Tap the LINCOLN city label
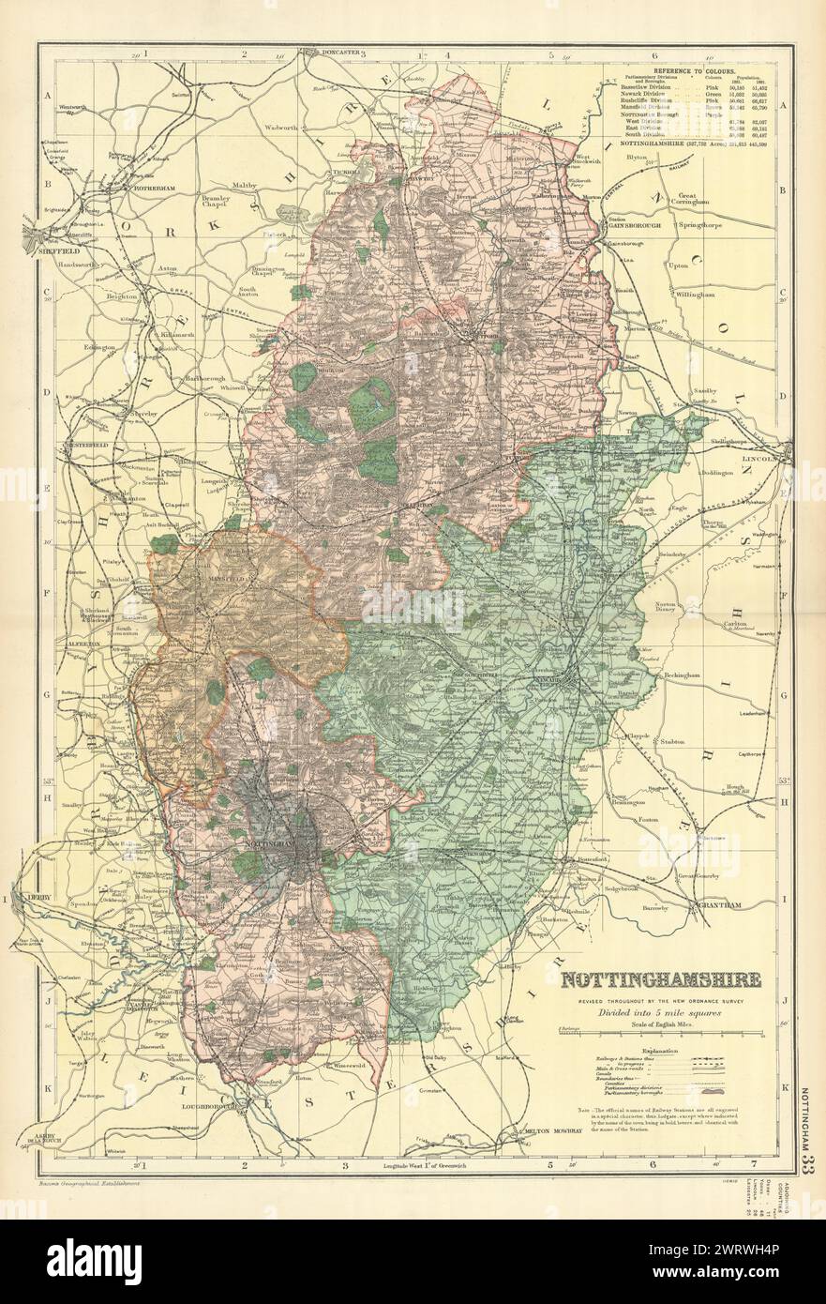pyautogui.click(x=759, y=460)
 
